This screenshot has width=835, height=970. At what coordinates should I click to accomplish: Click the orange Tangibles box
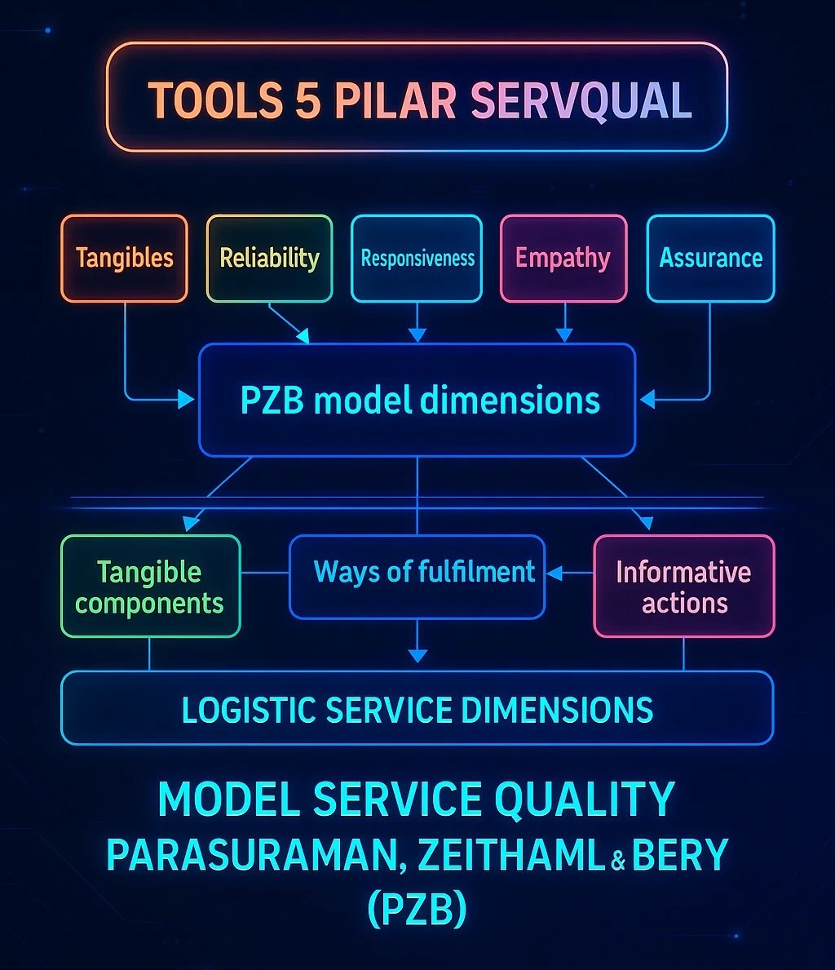pyautogui.click(x=124, y=259)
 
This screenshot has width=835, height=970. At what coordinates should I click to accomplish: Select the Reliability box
pyautogui.click(x=269, y=259)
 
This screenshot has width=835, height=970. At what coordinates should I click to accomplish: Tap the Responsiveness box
pyautogui.click(x=417, y=259)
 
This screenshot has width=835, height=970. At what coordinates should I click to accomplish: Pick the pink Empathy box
pyautogui.click(x=563, y=259)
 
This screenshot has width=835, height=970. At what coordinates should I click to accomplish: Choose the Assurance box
pyautogui.click(x=710, y=259)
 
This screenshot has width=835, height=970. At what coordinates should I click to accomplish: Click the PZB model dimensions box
pyautogui.click(x=417, y=400)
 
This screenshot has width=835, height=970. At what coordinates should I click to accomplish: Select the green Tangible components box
pyautogui.click(x=150, y=587)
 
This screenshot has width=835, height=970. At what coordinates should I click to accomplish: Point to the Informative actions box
pyautogui.click(x=683, y=587)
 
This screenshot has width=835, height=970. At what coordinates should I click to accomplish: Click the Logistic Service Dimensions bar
pyautogui.click(x=417, y=709)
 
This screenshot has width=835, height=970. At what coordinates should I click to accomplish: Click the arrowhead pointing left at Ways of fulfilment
pyautogui.click(x=554, y=574)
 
